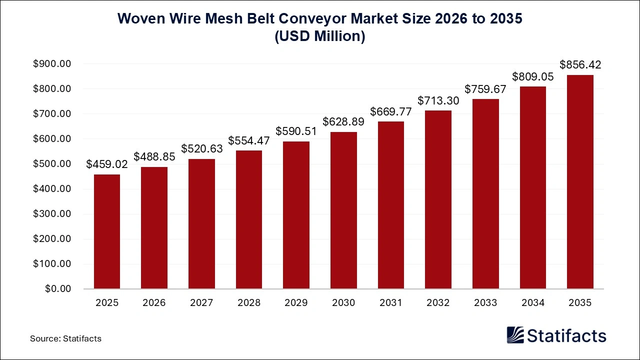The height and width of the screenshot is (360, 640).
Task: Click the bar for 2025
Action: coord(106,231)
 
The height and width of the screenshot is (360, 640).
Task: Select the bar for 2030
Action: coord(343,210)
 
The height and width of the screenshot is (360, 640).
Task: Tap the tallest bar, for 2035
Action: coord(580,182)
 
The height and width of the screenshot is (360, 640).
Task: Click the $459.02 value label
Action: coord(107,164)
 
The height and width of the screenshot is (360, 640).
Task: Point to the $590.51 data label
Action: coord(296,131)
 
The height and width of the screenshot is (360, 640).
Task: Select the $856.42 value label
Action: coord(580,64)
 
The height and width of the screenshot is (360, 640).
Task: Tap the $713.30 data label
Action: coord(438,100)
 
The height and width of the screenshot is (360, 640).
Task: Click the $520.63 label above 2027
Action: coord(201,148)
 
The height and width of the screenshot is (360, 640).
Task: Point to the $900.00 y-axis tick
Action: coord(52,64)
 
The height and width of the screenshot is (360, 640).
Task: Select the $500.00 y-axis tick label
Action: coord(52,164)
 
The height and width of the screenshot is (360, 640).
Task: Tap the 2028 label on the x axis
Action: coord(248,303)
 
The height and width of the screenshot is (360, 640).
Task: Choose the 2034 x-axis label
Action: coord(532,303)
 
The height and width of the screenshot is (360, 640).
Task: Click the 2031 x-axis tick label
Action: coord(390,303)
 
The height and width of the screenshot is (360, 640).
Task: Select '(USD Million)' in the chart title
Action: coord(320,37)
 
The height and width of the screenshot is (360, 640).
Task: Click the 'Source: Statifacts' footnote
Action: coord(65,338)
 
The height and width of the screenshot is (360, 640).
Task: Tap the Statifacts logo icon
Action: coord(515,335)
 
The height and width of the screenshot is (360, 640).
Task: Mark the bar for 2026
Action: coord(154,227)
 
